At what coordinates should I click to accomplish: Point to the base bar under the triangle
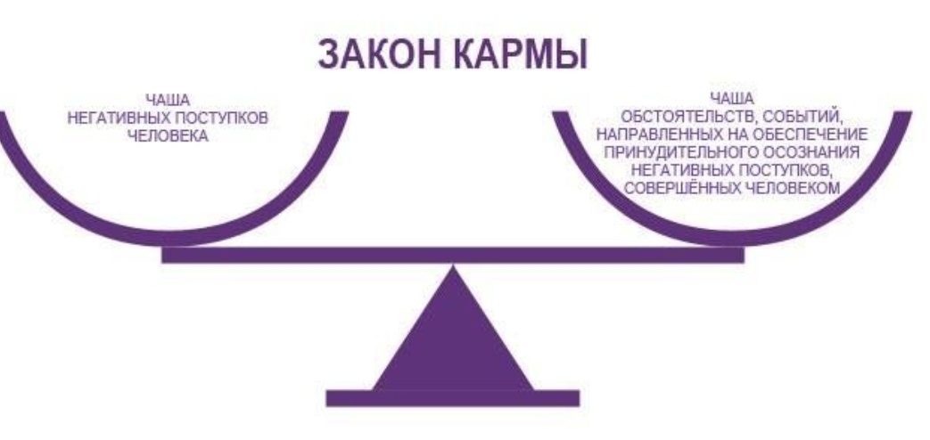click(453, 397)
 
